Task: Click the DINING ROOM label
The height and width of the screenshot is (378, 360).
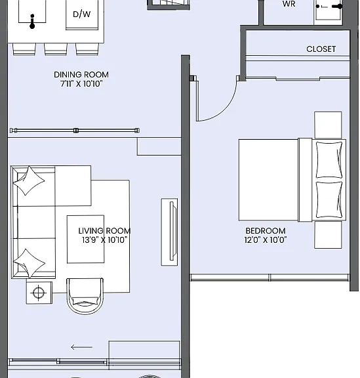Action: [81, 75]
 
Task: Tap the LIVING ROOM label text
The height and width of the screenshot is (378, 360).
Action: [104, 231]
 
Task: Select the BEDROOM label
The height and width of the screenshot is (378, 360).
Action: [266, 231]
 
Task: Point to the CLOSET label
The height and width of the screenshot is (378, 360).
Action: [321, 49]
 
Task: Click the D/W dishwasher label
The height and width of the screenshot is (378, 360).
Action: [82, 14]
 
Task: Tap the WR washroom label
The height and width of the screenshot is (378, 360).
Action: [289, 4]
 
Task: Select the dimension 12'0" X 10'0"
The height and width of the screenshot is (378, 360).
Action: [266, 240]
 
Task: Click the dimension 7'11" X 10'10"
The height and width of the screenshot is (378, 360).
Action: [81, 83]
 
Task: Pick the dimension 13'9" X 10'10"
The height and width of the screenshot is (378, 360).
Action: [104, 240]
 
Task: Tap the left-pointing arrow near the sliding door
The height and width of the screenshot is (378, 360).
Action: [82, 347]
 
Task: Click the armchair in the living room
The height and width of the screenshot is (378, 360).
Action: [85, 296]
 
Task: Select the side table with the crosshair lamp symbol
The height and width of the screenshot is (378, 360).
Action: [39, 293]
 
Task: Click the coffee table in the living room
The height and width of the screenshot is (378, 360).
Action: [85, 239]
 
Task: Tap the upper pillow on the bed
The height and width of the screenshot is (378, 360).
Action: [329, 160]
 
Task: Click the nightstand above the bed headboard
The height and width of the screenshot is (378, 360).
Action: [328, 125]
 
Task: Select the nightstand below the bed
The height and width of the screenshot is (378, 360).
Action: [328, 235]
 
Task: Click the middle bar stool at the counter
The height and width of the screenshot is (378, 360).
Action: [56, 49]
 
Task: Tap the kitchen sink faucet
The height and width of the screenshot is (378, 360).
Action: [32, 21]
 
